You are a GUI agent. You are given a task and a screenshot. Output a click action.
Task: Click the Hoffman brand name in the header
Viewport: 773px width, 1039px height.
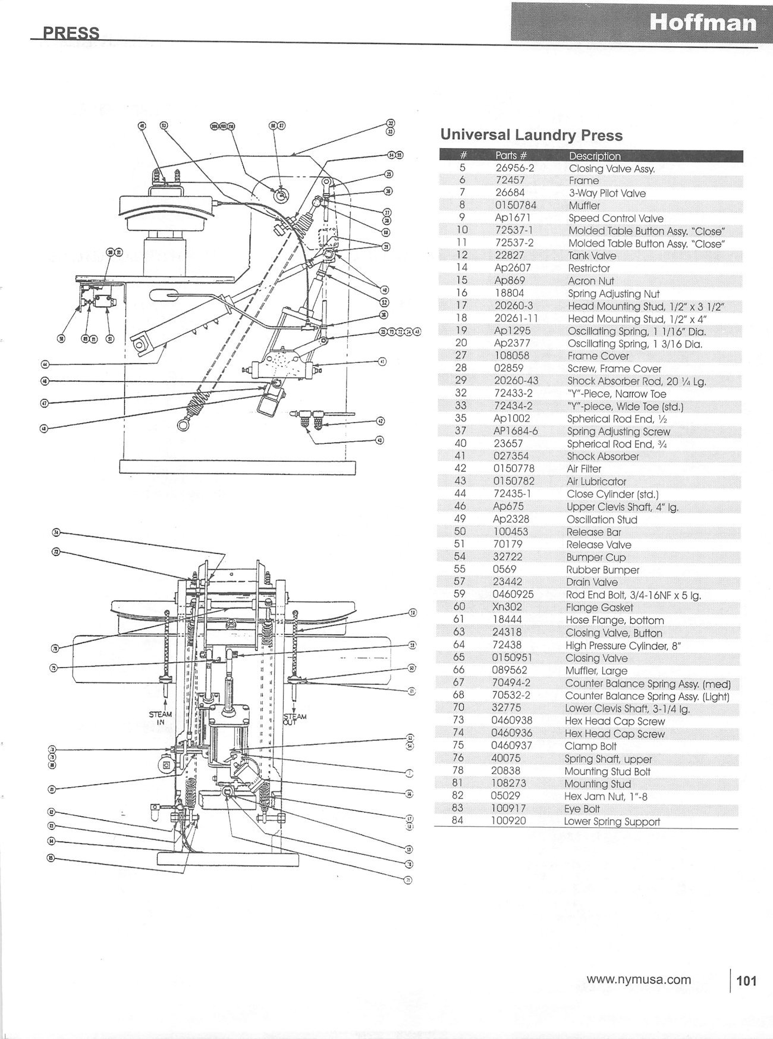point(703,23)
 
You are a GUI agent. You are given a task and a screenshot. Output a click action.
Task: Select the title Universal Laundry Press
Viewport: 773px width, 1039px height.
point(531,135)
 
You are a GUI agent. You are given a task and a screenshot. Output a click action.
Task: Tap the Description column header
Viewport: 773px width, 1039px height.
point(595,156)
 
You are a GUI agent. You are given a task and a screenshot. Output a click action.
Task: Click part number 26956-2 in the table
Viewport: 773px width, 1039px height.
point(515,168)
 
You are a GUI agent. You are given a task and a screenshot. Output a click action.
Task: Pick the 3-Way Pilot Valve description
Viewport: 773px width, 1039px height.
point(607,193)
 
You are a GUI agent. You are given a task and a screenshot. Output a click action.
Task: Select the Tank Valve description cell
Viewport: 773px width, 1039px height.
point(592,256)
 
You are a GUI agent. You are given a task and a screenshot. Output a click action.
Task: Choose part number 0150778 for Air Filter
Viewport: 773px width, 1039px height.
point(514,469)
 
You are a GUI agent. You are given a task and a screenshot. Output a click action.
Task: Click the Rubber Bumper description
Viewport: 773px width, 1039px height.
point(602,570)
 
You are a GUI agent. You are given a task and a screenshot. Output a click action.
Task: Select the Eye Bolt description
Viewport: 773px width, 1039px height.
point(582,809)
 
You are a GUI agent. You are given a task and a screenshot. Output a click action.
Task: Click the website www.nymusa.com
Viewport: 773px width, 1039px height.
point(639,979)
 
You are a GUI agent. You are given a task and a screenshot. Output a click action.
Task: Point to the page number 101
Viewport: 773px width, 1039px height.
point(746,980)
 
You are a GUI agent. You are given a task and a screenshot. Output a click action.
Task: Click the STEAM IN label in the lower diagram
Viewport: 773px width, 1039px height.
point(160,718)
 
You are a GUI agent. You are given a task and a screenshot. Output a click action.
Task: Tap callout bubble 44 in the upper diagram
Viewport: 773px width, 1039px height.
point(45,364)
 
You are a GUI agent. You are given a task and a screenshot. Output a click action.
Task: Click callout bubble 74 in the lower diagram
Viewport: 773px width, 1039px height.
point(56,532)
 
